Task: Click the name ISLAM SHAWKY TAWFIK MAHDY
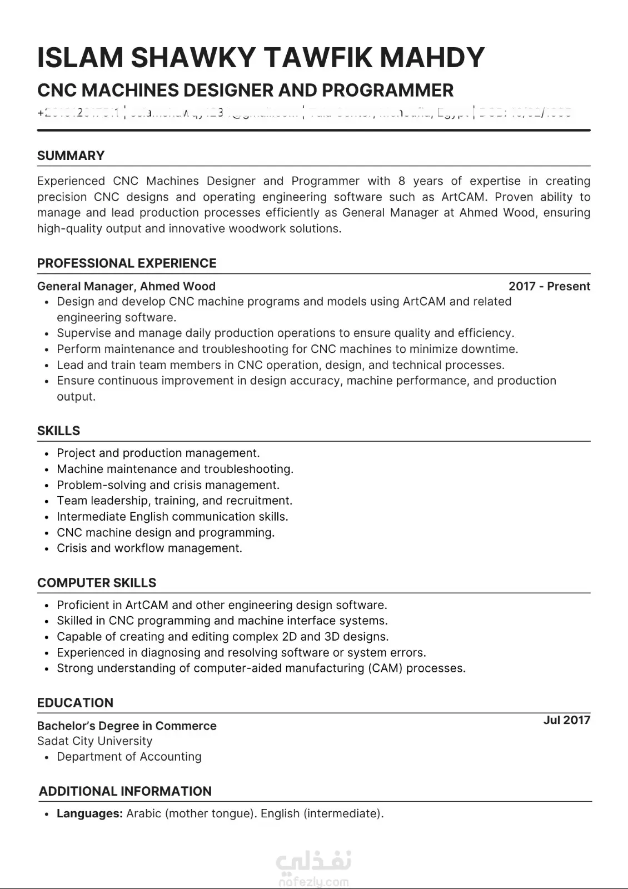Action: [x=261, y=57]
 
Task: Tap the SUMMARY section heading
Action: [x=71, y=156]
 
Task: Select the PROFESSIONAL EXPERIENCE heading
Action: [x=127, y=263]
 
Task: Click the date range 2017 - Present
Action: [x=549, y=286]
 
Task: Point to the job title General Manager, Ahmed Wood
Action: [x=126, y=286]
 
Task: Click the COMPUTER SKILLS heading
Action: [x=97, y=583]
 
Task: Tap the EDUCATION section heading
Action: [x=75, y=703]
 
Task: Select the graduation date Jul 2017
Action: [x=566, y=720]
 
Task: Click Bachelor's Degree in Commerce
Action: [x=127, y=726]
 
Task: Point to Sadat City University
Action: [x=94, y=741]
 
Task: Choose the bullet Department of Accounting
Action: [x=129, y=757]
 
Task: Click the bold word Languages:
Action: [x=89, y=813]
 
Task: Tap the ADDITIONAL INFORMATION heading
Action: [x=125, y=791]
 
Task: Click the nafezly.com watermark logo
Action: [x=313, y=869]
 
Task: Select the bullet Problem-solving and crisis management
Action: [x=168, y=485]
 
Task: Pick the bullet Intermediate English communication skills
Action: [x=172, y=517]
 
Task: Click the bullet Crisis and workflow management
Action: [x=149, y=548]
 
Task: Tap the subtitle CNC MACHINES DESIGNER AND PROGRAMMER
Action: [x=245, y=90]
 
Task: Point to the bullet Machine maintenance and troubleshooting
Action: [x=175, y=469]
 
